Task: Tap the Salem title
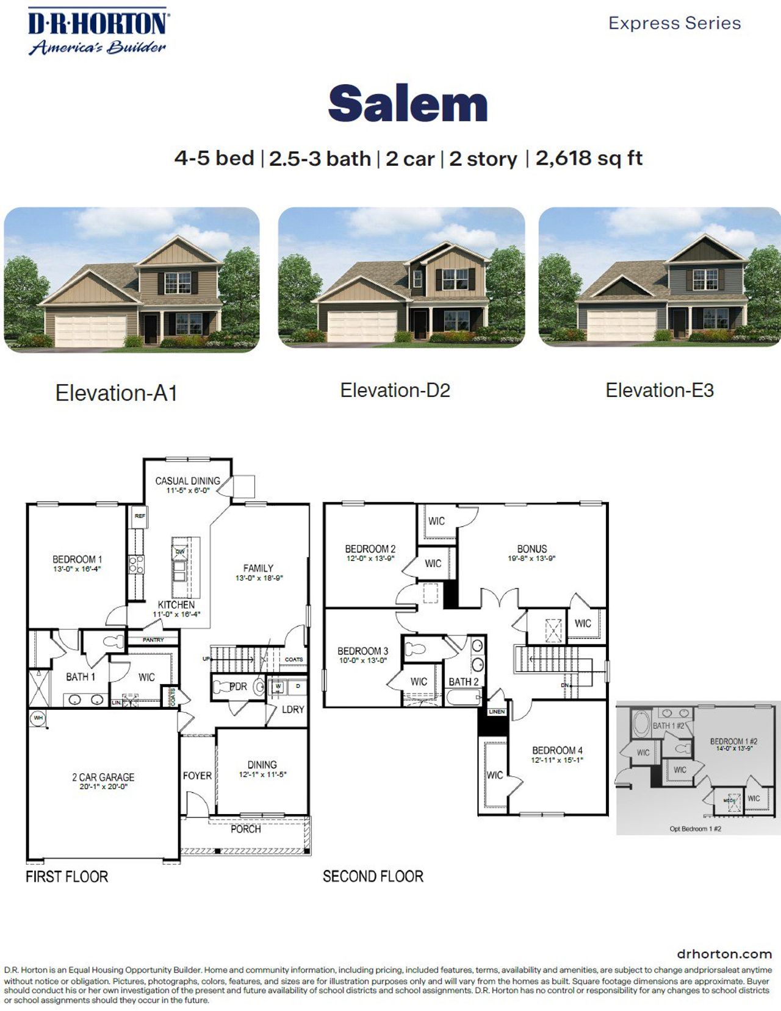click(x=408, y=104)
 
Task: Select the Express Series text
click(x=674, y=23)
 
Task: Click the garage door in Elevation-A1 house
click(x=90, y=330)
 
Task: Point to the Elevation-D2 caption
click(x=395, y=390)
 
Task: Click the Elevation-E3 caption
click(x=659, y=390)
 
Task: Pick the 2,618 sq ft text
click(x=588, y=159)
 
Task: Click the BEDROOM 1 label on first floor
click(x=77, y=559)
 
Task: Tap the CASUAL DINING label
click(x=187, y=481)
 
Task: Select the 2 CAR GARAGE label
click(x=103, y=777)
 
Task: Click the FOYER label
click(x=197, y=776)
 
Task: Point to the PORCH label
click(x=245, y=829)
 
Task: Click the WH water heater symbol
click(x=38, y=718)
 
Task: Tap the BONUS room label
click(x=532, y=549)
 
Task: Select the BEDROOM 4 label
click(x=557, y=750)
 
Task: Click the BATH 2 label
click(x=464, y=682)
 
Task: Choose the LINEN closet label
click(x=496, y=712)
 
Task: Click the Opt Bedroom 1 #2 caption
click(x=695, y=829)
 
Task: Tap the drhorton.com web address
click(x=724, y=954)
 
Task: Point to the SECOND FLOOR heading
click(x=373, y=877)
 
